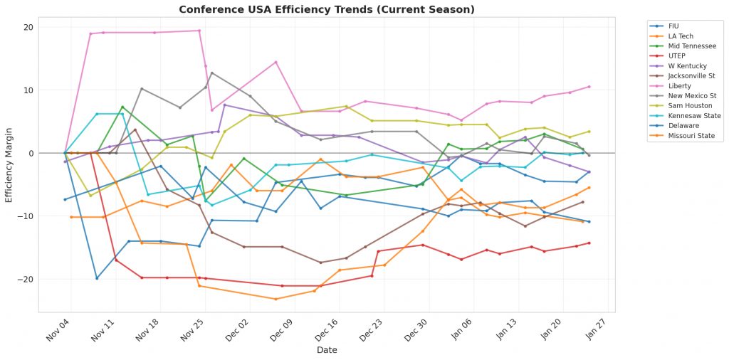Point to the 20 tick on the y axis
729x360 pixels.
pos(28,28)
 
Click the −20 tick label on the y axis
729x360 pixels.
pos(25,279)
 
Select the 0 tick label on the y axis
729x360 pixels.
pos(31,153)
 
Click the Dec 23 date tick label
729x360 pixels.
pos(372,329)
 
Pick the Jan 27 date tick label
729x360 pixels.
pos(595,329)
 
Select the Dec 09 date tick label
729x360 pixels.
pos(283,329)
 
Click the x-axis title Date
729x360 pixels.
pos(327,350)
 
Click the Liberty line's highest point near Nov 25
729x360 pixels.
pos(199,31)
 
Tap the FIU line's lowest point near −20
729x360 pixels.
pos(97,278)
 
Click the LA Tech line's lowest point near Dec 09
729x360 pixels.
pos(276,299)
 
